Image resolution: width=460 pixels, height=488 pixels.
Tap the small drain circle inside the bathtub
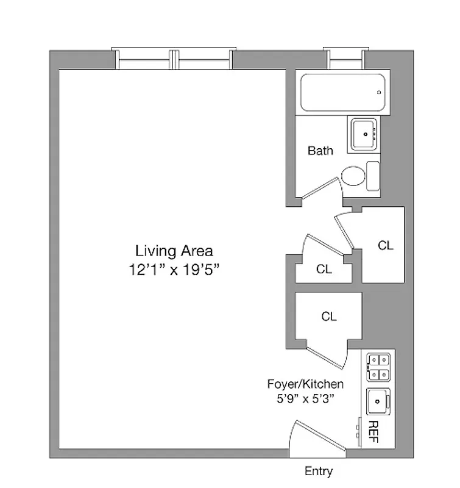379,92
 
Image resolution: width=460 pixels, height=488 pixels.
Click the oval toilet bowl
353,178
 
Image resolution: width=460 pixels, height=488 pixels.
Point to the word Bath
320,150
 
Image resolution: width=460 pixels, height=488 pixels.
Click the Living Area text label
174,250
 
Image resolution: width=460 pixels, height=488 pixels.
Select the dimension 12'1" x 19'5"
174,270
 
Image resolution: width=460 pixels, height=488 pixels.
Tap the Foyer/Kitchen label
305,384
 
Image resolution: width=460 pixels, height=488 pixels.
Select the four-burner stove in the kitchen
378,367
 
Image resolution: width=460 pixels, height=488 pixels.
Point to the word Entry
319,472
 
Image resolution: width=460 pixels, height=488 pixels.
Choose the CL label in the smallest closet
324,269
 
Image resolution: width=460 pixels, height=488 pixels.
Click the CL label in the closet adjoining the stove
329,316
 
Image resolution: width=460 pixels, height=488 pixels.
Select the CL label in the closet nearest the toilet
386,245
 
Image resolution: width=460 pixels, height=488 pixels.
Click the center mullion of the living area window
175,60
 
